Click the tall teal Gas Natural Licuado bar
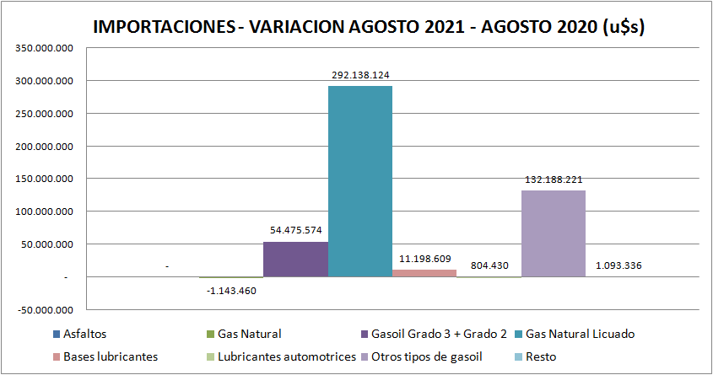coord(359,181)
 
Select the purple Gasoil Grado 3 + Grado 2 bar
coord(295,260)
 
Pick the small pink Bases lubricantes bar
coord(424,273)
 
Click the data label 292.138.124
coord(359,75)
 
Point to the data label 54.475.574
coord(295,230)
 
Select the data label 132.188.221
coord(554,179)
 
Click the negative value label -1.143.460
coord(231,291)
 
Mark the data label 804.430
coord(489,265)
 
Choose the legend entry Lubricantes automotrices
coord(285,356)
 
